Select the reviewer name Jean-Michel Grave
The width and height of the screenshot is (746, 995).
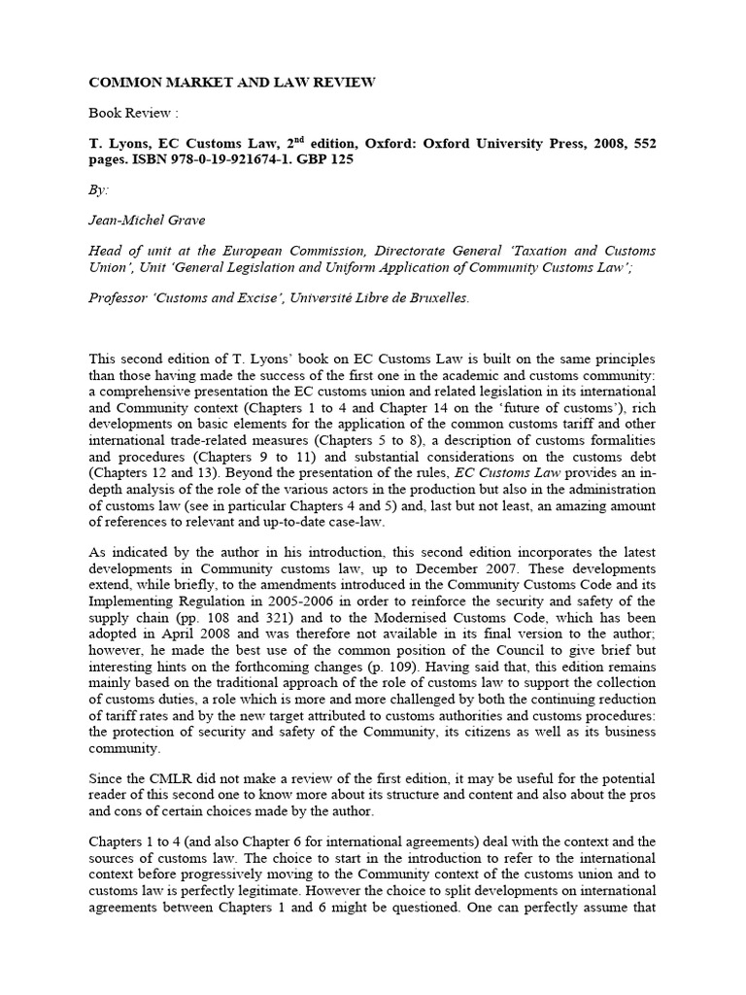click(148, 221)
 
